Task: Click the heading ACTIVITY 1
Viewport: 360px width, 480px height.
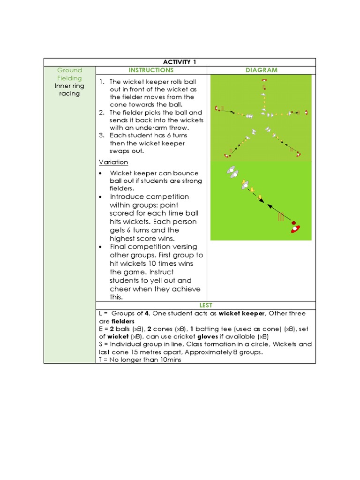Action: pos(180,62)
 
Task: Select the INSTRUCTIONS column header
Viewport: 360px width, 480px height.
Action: pos(151,70)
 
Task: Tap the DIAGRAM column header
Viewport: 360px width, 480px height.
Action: pos(261,70)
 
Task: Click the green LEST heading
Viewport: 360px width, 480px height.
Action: pos(206,305)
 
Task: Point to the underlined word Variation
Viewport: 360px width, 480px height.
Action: pos(113,162)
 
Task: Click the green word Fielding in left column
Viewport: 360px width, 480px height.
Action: pos(69,78)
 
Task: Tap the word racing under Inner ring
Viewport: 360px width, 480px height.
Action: pos(69,93)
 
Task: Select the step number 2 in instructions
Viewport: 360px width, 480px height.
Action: pos(101,112)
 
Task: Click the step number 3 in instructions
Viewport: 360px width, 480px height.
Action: pos(101,135)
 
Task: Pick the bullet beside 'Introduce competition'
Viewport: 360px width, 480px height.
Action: pos(102,197)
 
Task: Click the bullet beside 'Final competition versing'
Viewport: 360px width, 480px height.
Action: pos(102,247)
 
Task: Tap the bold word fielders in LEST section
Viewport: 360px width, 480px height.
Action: pos(123,322)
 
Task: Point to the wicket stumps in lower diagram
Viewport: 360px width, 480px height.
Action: pos(281,217)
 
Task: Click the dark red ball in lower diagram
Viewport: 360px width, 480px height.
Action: pos(293,223)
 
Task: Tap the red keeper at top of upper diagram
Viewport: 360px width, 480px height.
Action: pos(264,81)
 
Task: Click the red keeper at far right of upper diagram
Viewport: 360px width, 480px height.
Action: pos(306,112)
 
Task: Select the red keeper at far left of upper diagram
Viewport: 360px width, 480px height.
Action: pos(217,109)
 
